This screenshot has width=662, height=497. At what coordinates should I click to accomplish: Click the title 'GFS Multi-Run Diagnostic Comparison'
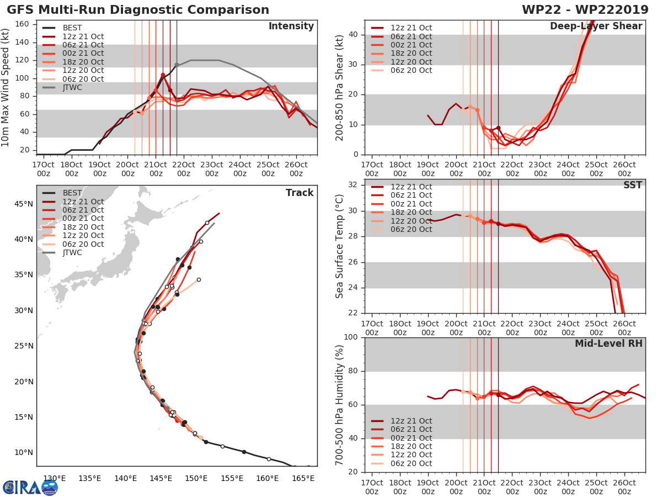(x=138, y=10)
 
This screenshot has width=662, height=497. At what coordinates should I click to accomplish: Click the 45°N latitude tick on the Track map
(x=24, y=204)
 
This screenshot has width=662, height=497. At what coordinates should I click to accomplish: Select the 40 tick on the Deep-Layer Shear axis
(x=353, y=35)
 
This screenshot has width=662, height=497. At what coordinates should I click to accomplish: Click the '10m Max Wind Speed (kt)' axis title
(x=6, y=88)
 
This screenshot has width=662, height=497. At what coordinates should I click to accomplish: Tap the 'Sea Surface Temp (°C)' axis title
(x=340, y=246)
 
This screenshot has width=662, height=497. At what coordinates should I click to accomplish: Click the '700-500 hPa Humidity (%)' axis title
(x=340, y=404)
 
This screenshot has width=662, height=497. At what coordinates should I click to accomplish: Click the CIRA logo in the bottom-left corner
(x=30, y=487)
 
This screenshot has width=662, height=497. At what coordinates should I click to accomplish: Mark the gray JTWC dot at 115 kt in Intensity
(x=177, y=65)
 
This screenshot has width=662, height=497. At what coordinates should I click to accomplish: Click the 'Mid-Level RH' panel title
(x=608, y=343)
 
